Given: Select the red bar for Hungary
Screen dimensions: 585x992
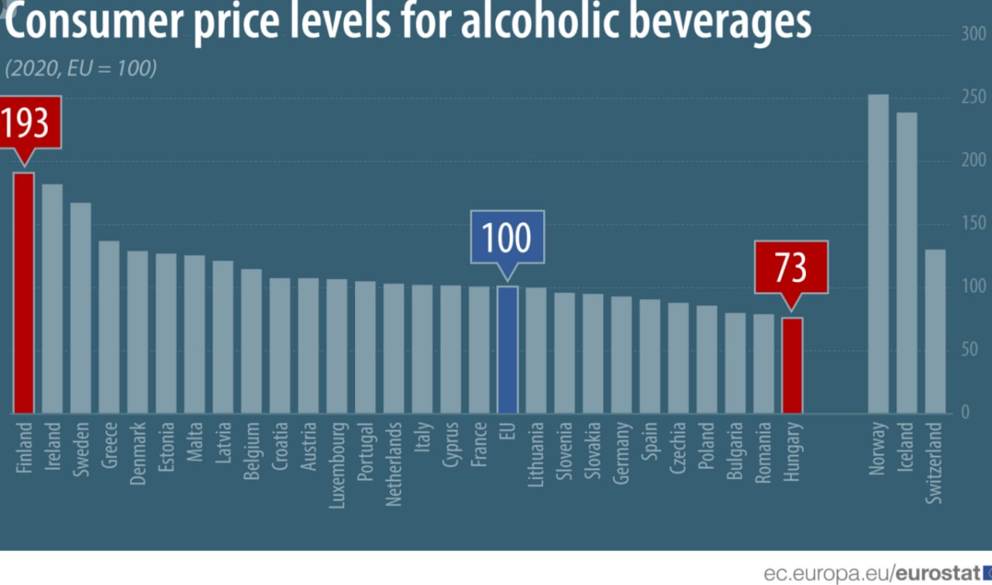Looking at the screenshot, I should (792, 365).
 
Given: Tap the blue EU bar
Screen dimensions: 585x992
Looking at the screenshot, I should (508, 349).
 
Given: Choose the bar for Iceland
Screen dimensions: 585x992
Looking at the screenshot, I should (907, 263).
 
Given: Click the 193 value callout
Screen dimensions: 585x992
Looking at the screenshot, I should (24, 124).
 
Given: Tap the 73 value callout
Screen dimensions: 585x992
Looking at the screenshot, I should (791, 267).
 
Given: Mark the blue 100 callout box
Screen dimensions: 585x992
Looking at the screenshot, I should (508, 237).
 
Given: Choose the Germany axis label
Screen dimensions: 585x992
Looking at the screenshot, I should (622, 453).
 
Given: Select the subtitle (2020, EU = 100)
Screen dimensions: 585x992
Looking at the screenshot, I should (81, 68).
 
